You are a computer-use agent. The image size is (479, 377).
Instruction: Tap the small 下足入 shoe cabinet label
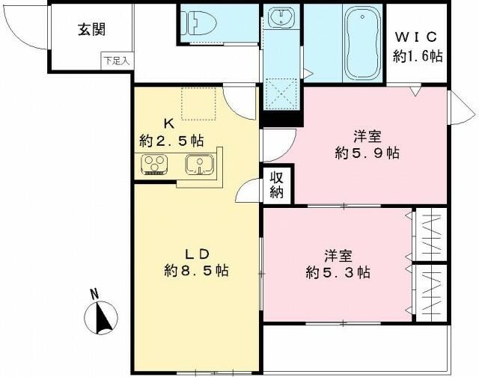(116, 61)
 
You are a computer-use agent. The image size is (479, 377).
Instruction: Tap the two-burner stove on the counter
(156, 165)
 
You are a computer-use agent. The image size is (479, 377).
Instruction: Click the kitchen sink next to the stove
(201, 165)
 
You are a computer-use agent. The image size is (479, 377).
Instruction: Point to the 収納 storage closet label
(277, 186)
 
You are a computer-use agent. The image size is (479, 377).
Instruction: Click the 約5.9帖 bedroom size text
(367, 153)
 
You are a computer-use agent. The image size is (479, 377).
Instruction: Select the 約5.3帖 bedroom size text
(337, 272)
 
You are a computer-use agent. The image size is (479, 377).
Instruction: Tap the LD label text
(195, 251)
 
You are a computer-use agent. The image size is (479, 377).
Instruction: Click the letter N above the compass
(94, 294)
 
